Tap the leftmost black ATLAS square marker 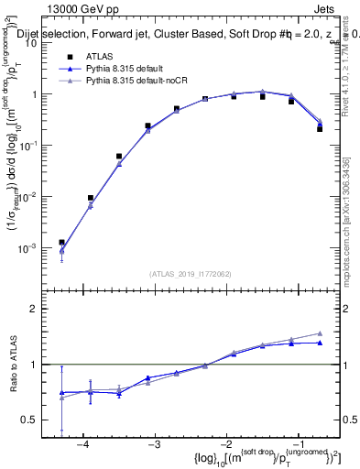coord(61,243)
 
